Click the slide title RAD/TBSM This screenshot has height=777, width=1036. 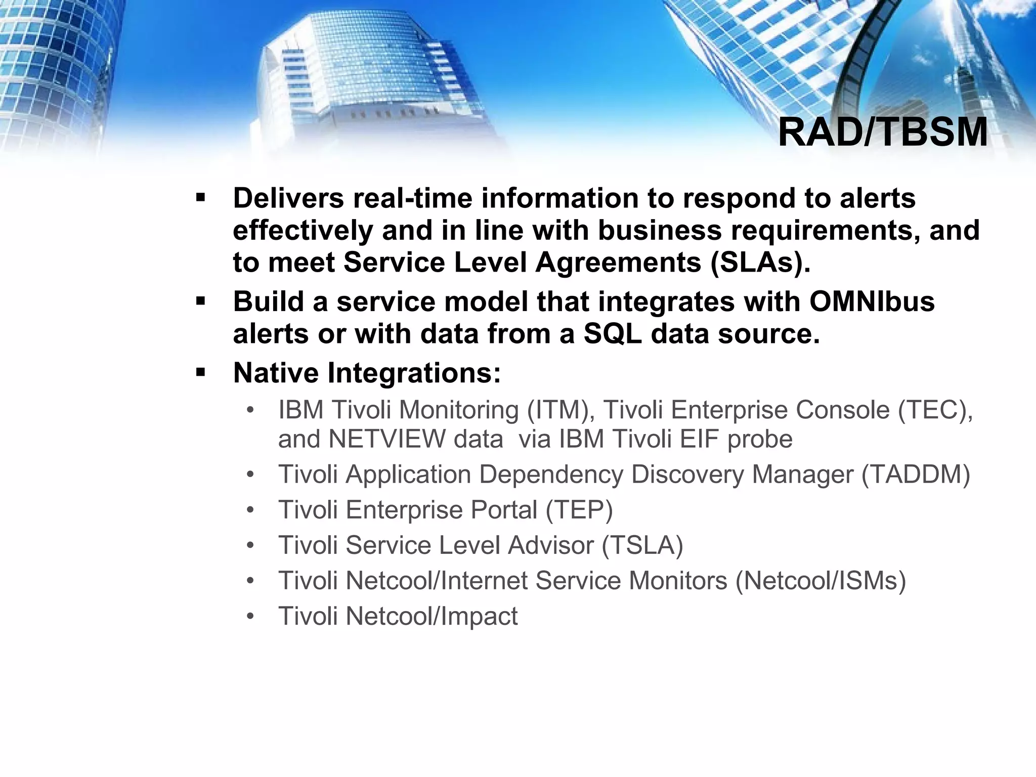click(x=882, y=133)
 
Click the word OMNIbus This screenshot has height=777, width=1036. click(x=872, y=301)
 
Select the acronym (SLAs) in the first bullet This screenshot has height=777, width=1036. click(x=760, y=263)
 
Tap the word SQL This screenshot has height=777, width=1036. click(x=613, y=334)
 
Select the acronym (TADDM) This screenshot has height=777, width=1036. click(x=915, y=474)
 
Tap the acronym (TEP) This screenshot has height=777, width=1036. click(x=579, y=510)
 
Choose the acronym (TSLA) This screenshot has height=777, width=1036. click(x=642, y=545)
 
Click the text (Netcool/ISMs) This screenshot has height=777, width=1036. click(x=821, y=581)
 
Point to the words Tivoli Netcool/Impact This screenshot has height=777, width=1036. click(x=398, y=616)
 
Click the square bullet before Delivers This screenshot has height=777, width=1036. click(x=200, y=197)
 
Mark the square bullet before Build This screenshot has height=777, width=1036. click(x=200, y=301)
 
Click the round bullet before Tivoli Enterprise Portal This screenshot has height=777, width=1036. click(x=250, y=510)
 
